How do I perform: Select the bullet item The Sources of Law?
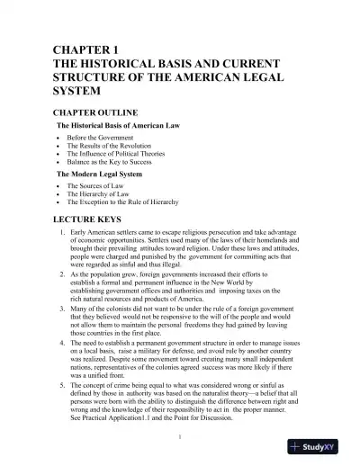pyautogui.click(x=100, y=187)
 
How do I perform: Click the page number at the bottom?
pyautogui.click(x=180, y=437)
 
